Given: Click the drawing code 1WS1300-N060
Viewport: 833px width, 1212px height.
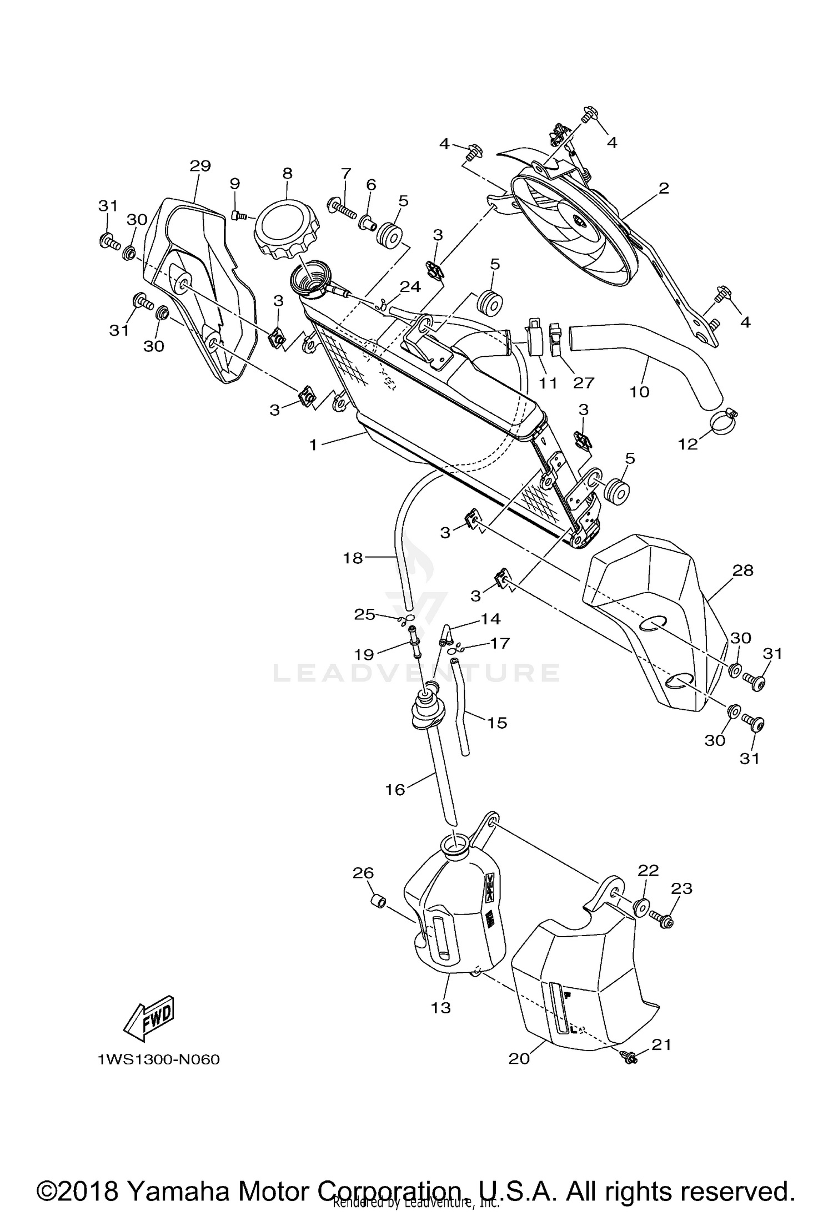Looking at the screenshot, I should click(x=159, y=1059).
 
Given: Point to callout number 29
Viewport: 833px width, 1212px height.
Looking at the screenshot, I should click(x=200, y=166).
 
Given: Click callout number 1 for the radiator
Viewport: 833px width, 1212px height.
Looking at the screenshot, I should click(x=313, y=445).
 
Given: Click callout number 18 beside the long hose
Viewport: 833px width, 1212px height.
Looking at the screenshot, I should click(x=353, y=558).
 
